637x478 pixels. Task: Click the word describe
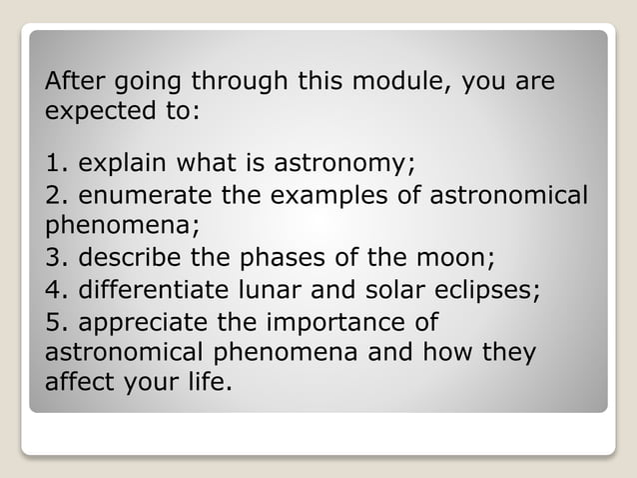pos(128,260)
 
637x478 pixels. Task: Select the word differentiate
pos(151,291)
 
